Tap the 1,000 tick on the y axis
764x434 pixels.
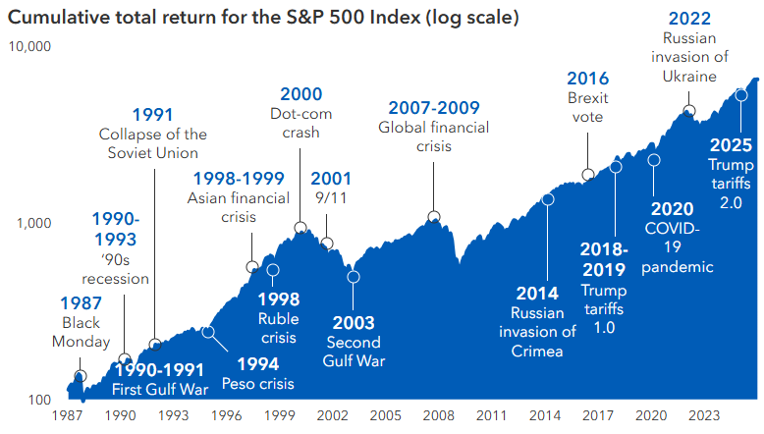[32, 223]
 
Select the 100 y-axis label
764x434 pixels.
[37, 400]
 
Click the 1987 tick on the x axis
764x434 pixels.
[68, 416]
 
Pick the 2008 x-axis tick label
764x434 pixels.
[438, 416]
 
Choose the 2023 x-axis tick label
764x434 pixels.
[704, 416]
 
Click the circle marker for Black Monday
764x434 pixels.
[80, 376]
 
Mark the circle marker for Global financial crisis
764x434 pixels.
[433, 216]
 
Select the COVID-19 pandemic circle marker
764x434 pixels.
[654, 159]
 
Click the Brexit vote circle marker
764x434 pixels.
[587, 175]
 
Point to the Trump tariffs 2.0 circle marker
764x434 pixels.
[740, 95]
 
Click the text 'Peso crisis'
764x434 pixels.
[256, 384]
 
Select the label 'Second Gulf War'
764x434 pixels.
[355, 351]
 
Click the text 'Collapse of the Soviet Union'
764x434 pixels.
[153, 143]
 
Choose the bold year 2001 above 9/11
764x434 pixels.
[331, 178]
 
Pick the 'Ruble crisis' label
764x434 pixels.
[279, 327]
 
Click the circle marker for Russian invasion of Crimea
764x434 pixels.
[547, 199]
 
